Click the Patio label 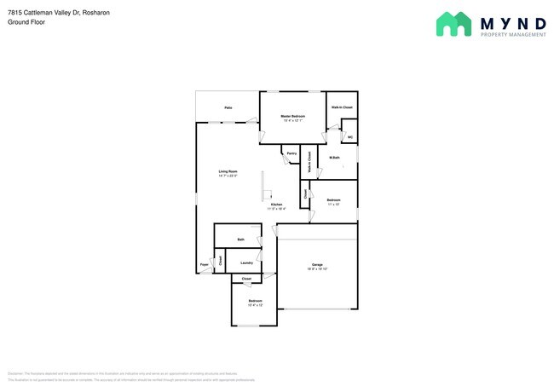pyautogui.click(x=228, y=108)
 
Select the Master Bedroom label pyautogui.click(x=293, y=116)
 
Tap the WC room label pyautogui.click(x=349, y=136)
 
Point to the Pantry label pyautogui.click(x=291, y=153)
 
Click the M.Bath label pyautogui.click(x=335, y=159)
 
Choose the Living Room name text pyautogui.click(x=228, y=171)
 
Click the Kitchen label pyautogui.click(x=276, y=205)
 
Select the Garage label pyautogui.click(x=317, y=265)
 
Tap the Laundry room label pyautogui.click(x=245, y=263)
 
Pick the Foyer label pyautogui.click(x=205, y=265)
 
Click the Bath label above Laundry pyautogui.click(x=241, y=240)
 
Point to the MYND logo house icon pyautogui.click(x=453, y=24)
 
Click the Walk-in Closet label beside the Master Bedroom pyautogui.click(x=342, y=107)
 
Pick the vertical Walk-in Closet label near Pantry pyautogui.click(x=309, y=163)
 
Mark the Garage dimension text pyautogui.click(x=317, y=269)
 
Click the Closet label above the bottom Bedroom pyautogui.click(x=246, y=280)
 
